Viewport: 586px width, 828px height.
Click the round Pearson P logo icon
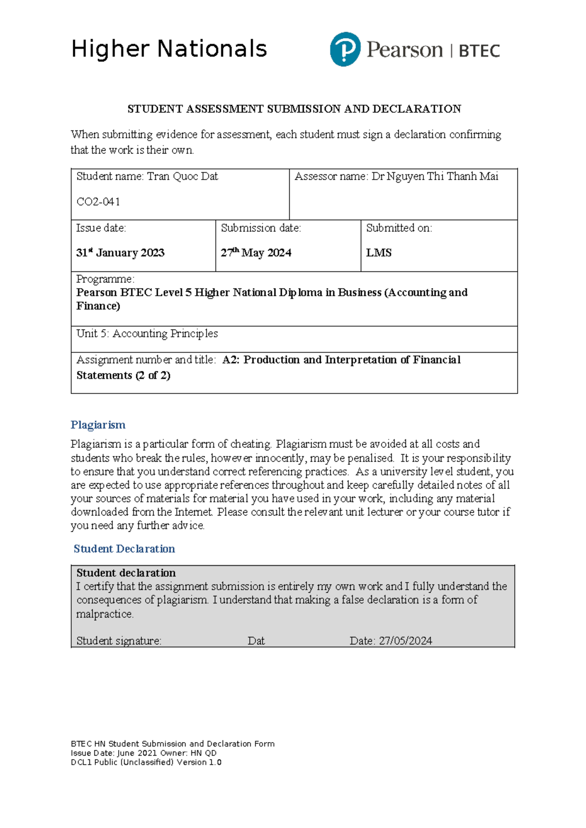345,49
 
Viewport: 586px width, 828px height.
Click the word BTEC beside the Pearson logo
479,51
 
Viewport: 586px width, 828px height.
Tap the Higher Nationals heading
169,49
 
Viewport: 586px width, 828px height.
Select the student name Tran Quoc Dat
182,176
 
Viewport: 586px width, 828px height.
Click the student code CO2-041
98,202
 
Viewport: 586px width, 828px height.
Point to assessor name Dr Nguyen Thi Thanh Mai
435,176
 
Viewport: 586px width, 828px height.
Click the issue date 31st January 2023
120,253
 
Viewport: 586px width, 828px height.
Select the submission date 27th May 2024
256,253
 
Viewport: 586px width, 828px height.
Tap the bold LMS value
379,253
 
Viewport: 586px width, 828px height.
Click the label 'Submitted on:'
399,228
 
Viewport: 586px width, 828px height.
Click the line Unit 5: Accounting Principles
147,333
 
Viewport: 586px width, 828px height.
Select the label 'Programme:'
105,279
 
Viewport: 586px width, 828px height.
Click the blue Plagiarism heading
98,425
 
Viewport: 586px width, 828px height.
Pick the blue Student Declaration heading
124,549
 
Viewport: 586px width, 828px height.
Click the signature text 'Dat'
256,641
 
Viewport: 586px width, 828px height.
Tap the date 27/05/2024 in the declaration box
405,641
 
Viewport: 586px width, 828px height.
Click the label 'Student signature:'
119,641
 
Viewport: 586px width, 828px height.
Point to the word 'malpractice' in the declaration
105,614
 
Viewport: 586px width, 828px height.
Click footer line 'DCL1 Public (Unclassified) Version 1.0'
146,762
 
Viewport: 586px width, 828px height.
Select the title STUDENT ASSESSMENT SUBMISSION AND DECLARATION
294,109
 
